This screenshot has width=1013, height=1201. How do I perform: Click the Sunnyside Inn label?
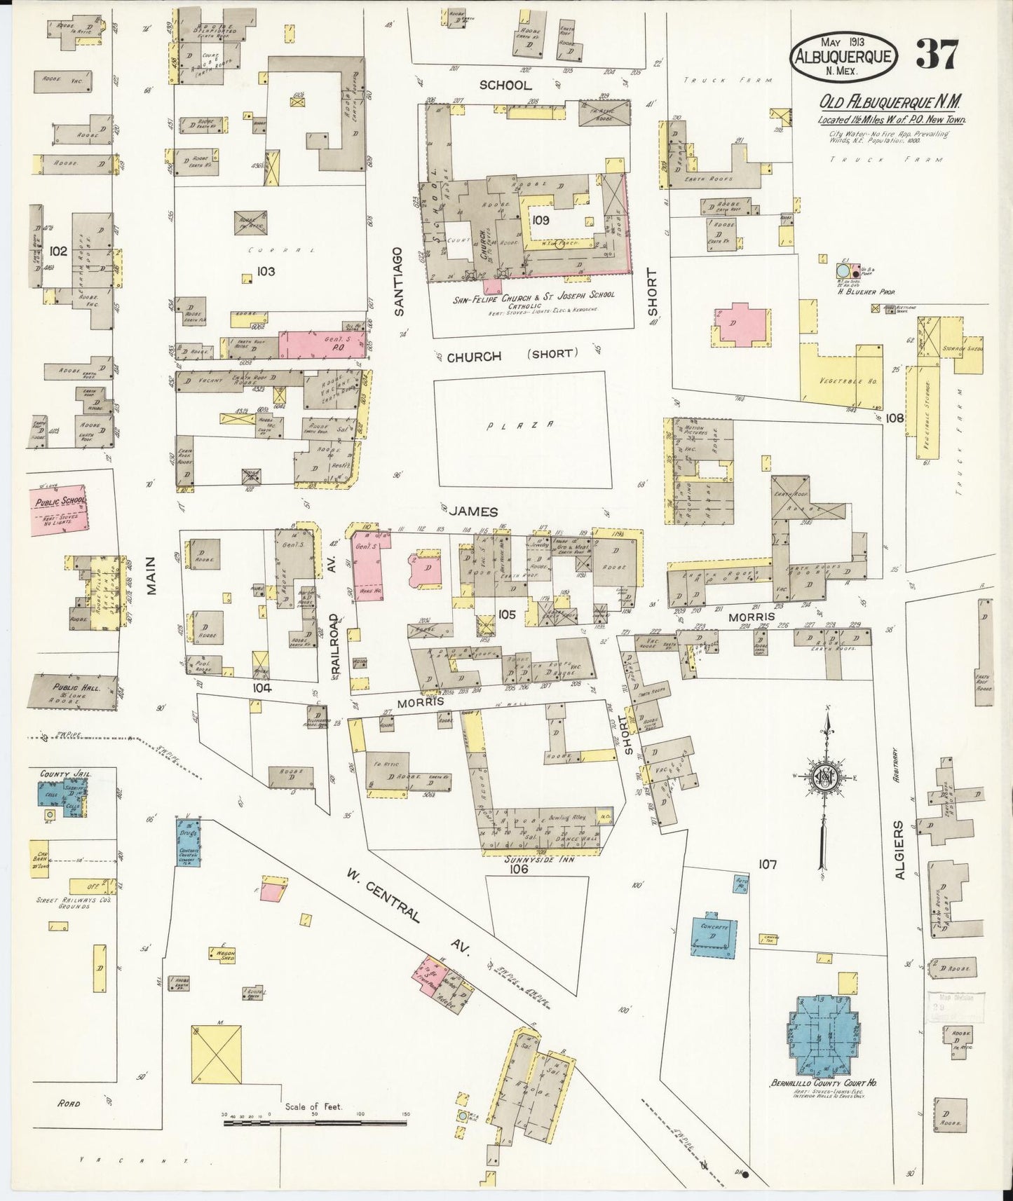pos(543,859)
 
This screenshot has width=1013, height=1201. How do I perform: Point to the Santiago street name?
pos(399,281)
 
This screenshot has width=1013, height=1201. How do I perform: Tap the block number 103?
pos(265,271)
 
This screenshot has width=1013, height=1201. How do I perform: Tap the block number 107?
pos(768,865)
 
